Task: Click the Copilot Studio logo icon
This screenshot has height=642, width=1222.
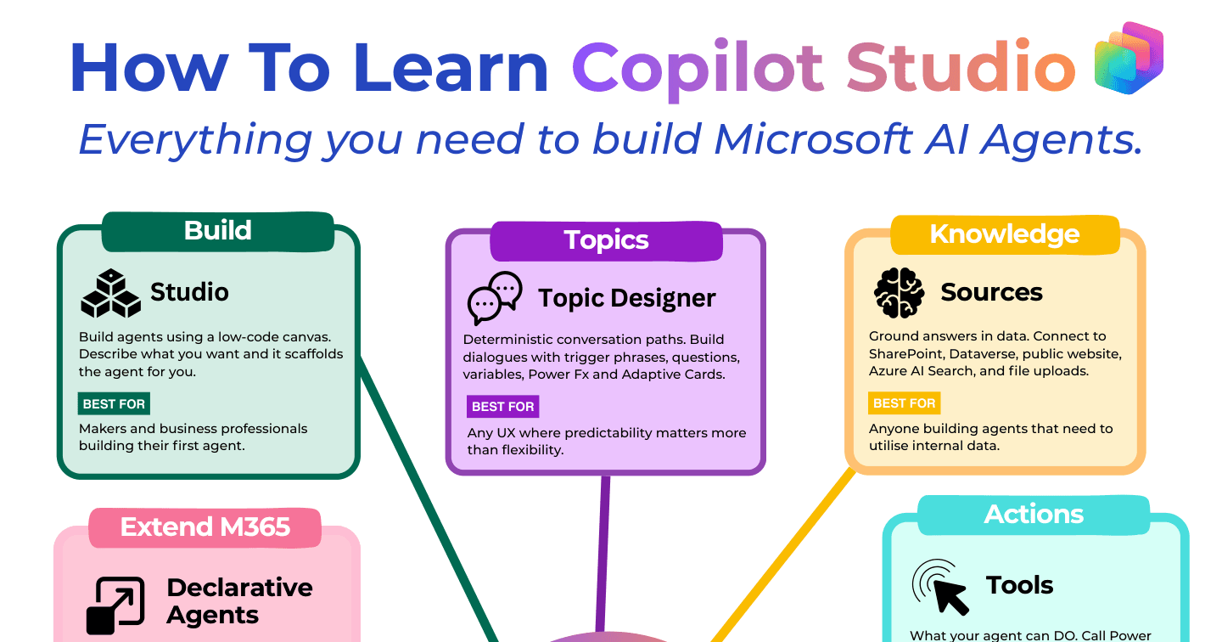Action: coord(1129,58)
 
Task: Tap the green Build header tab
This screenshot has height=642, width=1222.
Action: coord(217,232)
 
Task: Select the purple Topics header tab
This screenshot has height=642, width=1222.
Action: coord(606,241)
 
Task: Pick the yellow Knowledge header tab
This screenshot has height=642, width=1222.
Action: coord(1005,234)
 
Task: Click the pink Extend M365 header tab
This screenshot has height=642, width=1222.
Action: coord(205,527)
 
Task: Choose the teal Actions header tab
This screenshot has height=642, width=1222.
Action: coord(1034,515)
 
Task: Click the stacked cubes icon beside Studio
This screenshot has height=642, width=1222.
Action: coord(110,293)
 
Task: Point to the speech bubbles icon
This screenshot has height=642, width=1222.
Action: coord(495,297)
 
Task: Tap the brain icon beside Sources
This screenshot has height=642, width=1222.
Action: coord(899,293)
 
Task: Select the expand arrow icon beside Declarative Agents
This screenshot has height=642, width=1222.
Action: coord(115,605)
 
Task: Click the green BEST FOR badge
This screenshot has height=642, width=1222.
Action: coord(114,404)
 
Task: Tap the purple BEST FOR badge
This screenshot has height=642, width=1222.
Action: coord(503,407)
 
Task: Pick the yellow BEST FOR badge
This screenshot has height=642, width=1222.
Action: coord(905,403)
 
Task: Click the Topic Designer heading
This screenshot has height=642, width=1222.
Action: coord(627,299)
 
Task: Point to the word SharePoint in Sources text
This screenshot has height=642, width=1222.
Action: coord(905,354)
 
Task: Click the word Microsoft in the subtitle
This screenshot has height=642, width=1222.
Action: coord(813,139)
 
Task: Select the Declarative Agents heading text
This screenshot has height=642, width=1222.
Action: coord(239,601)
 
